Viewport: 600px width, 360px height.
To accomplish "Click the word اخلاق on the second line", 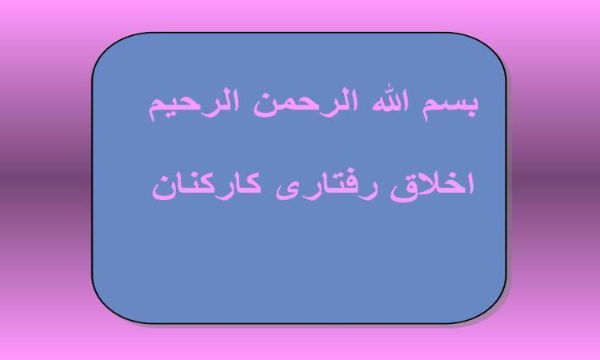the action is (432, 186).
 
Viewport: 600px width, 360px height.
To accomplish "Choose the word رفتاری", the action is (327, 187).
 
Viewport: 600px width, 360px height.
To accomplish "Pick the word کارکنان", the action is (206, 186).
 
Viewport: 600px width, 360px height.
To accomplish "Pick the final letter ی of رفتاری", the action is (288, 193).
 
